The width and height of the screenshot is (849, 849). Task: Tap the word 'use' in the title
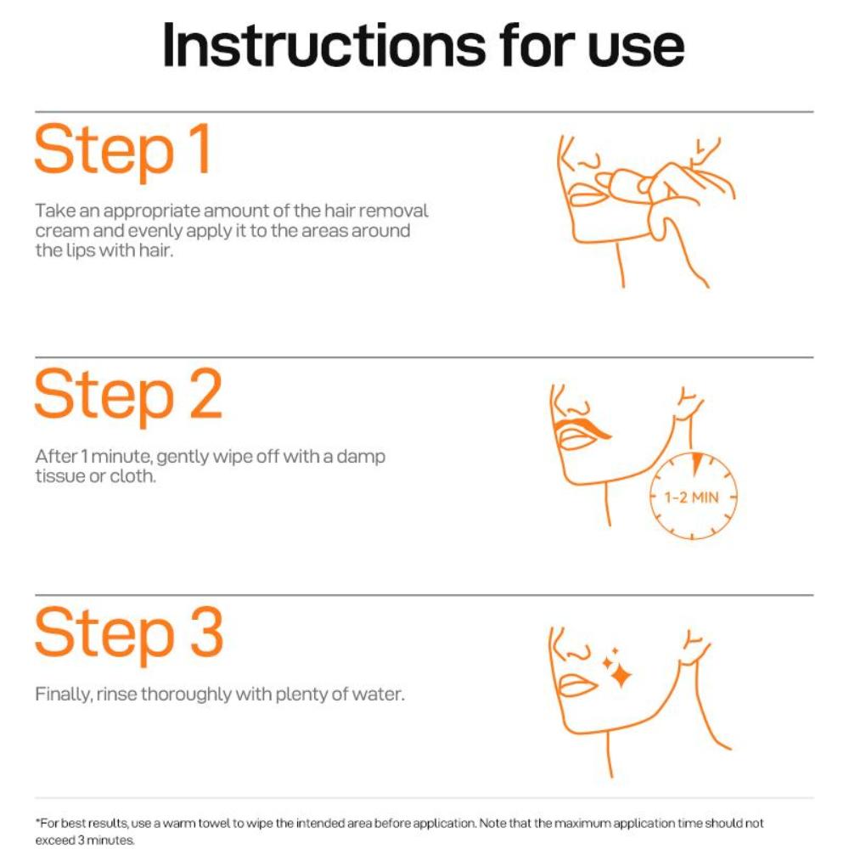pyautogui.click(x=636, y=48)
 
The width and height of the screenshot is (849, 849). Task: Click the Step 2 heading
pyautogui.click(x=128, y=396)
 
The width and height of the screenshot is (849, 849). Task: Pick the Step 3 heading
pyautogui.click(x=129, y=634)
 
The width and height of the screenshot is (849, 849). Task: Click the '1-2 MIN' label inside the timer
pyautogui.click(x=691, y=497)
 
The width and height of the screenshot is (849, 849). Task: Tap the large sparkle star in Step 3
pyautogui.click(x=621, y=675)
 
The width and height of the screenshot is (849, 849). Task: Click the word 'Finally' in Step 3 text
pyautogui.click(x=63, y=694)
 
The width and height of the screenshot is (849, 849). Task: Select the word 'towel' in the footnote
pyautogui.click(x=215, y=823)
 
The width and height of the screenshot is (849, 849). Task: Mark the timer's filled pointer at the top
pyautogui.click(x=697, y=464)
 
